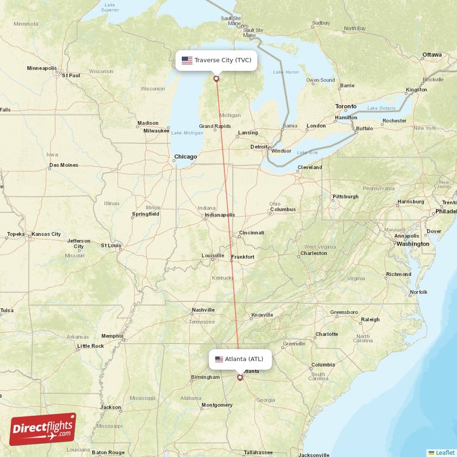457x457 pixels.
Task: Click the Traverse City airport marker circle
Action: point(216,79)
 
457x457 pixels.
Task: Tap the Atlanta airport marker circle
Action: point(240,377)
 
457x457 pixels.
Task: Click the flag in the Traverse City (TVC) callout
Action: point(187,60)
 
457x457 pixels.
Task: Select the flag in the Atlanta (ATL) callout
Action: point(219,359)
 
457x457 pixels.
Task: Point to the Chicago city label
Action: point(185,157)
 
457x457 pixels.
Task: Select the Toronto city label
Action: point(346,107)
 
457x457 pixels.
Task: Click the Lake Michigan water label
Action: point(187,133)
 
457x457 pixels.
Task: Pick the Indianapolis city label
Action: point(220,215)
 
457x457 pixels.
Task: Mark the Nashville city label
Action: point(203,310)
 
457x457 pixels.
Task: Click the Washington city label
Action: point(413,244)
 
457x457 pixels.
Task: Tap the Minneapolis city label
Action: point(42,69)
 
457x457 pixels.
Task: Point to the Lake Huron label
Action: point(286,72)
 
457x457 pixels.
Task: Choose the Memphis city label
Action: point(112,336)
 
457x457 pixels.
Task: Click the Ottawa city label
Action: point(432,55)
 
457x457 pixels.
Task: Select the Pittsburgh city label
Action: point(346,197)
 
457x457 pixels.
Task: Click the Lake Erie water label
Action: point(307,153)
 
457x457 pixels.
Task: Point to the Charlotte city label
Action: point(327,334)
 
